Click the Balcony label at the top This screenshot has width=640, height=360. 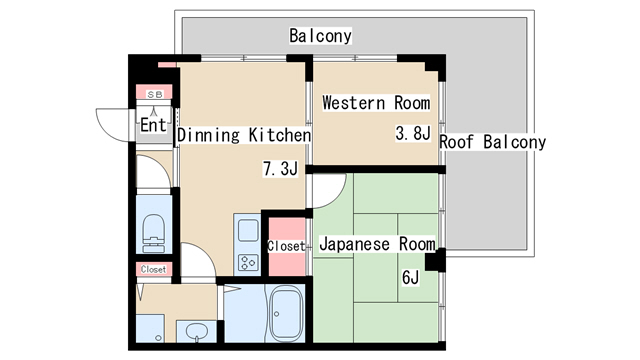pos(320,36)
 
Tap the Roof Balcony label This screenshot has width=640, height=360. pos(493,142)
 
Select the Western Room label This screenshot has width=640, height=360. pos(376,102)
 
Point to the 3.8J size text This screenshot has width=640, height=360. pos(413,133)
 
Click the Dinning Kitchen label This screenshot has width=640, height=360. pos(244,135)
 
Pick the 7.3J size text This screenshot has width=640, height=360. pos(280,168)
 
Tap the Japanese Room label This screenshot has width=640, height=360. pos(377,244)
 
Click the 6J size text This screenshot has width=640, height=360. pos(411,278)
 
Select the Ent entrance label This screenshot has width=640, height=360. pos(153,125)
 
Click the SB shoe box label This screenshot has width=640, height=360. pos(155,95)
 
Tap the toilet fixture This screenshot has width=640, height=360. pos(154,233)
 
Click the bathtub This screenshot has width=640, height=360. pos(287,313)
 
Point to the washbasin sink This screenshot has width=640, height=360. pos(197,331)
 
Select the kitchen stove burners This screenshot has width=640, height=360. pos(248,262)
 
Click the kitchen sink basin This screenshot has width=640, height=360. pos(248,231)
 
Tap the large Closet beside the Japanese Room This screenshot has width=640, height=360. pos(287,246)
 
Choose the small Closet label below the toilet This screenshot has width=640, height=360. pos(153,269)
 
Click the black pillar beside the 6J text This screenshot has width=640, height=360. pos(435,260)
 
